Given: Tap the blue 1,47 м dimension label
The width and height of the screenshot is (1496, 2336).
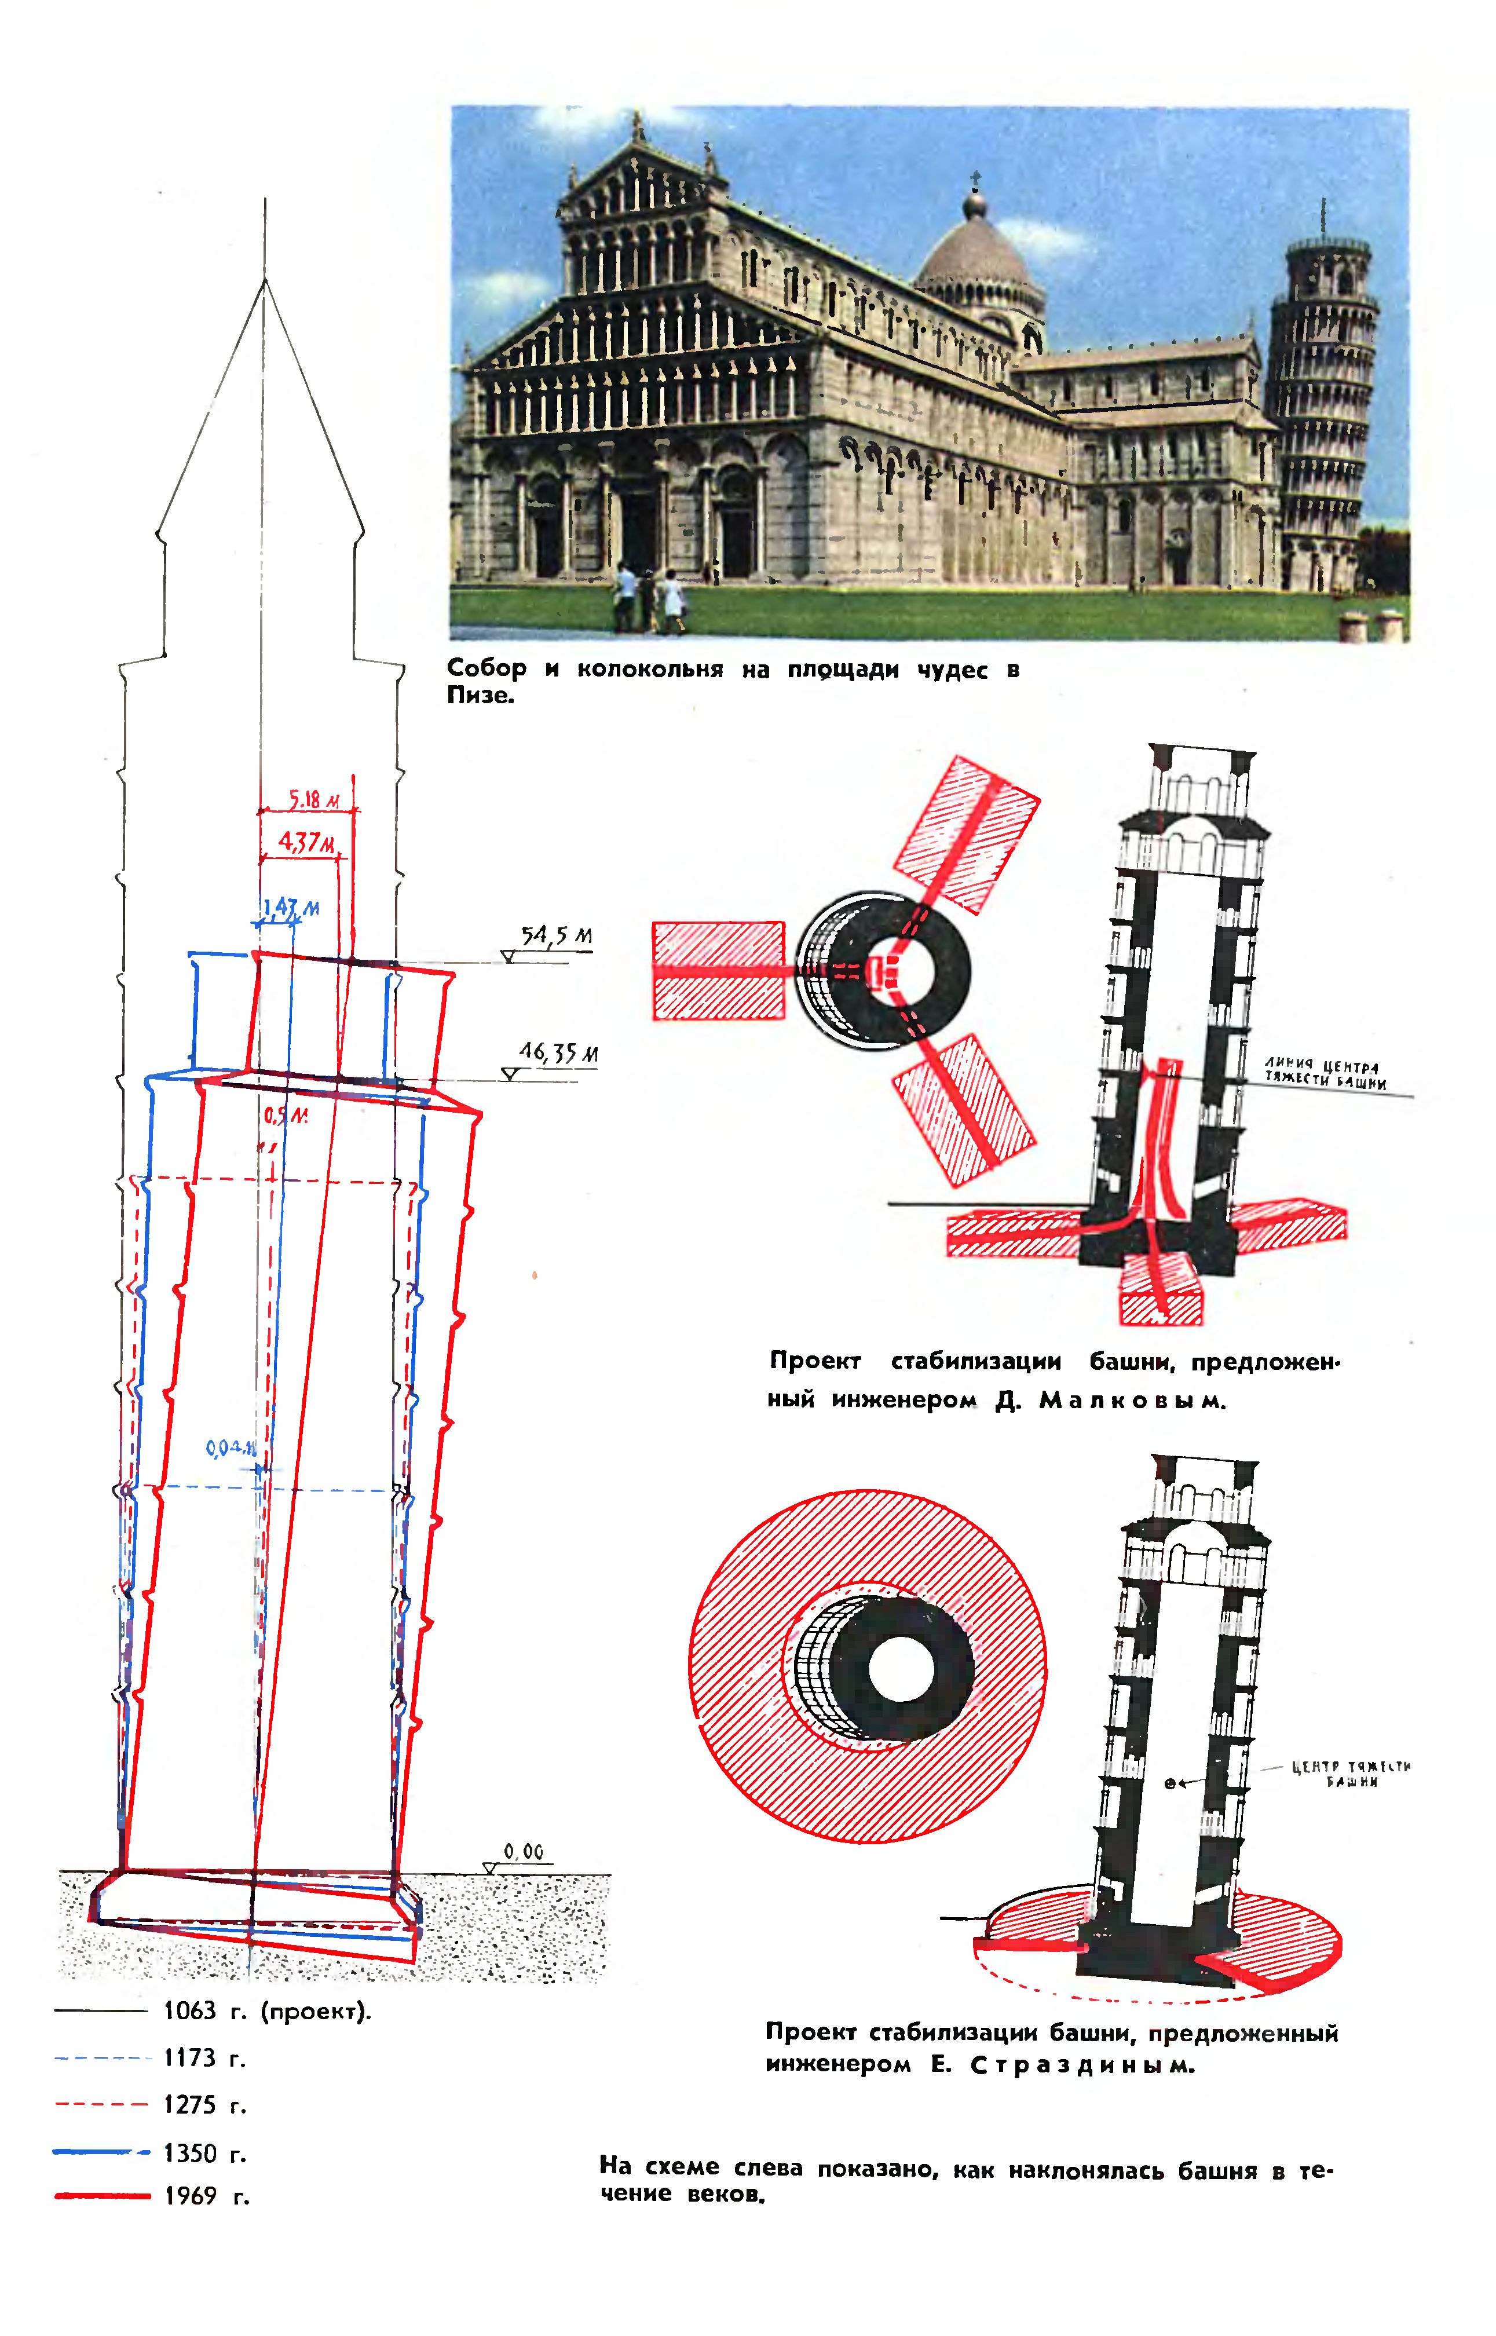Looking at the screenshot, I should point(291,908).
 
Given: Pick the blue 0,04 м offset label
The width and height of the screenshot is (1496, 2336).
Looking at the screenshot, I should point(231,1448).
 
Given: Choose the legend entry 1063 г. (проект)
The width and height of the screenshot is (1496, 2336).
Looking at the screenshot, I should point(267,2010).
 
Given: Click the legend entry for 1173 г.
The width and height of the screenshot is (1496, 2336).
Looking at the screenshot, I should point(204,2057).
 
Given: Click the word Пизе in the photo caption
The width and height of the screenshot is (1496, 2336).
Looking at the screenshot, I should point(479,696).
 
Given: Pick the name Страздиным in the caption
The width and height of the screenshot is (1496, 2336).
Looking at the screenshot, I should point(1081,2065).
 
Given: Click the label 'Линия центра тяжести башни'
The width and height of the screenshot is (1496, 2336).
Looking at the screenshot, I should point(1324,1074).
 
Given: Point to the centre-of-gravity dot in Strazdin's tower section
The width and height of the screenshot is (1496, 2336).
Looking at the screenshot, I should point(1169,1782).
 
